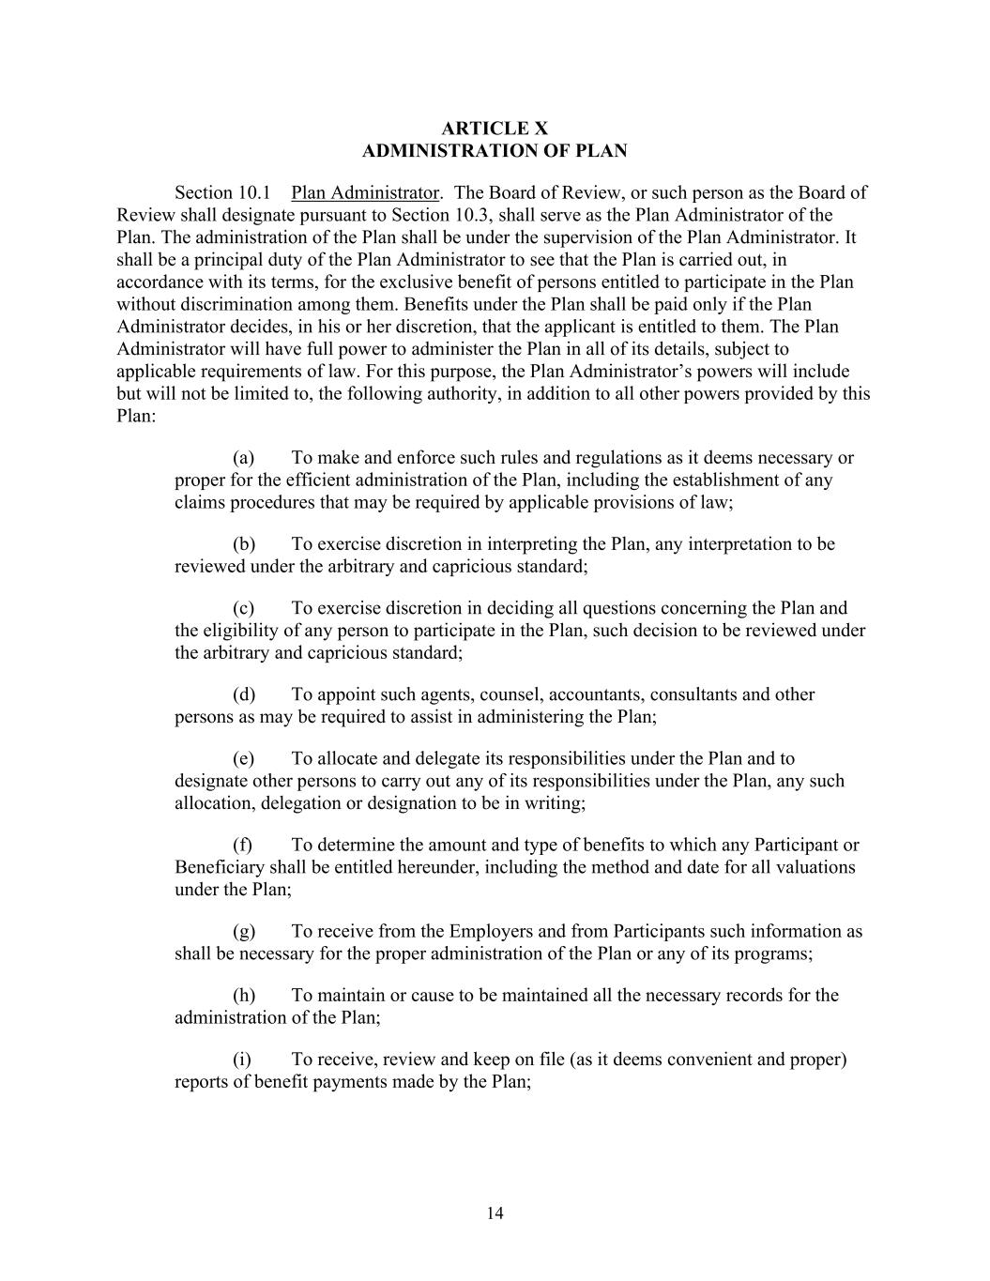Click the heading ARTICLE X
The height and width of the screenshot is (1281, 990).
(x=495, y=129)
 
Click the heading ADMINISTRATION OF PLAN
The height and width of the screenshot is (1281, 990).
(x=495, y=151)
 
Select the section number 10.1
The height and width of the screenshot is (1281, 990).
(x=251, y=193)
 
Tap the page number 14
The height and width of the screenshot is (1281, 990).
(x=495, y=1213)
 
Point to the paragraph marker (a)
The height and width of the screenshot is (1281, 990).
(x=244, y=458)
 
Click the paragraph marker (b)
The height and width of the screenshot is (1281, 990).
(x=244, y=544)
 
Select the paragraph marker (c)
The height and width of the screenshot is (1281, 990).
(x=244, y=608)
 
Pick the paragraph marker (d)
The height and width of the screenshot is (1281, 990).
(x=244, y=694)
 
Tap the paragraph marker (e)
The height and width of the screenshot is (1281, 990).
(x=244, y=758)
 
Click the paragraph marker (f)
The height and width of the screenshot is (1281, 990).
(x=243, y=845)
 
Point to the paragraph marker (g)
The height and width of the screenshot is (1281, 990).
(x=244, y=931)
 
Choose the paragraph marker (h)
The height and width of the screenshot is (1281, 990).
(x=244, y=995)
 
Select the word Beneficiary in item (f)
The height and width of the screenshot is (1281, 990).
(x=220, y=867)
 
